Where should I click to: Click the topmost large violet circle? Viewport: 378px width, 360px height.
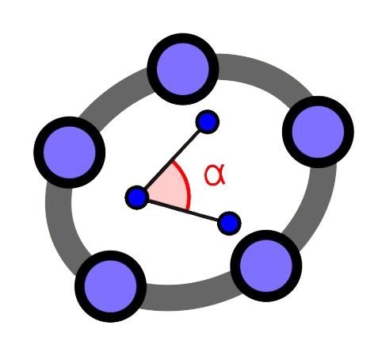pyautogui.click(x=183, y=69)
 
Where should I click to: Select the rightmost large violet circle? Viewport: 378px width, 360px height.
pyautogui.click(x=318, y=132)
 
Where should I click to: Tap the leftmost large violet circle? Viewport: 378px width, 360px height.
pyautogui.click(x=70, y=152)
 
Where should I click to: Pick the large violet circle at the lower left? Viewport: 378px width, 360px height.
pyautogui.click(x=111, y=286)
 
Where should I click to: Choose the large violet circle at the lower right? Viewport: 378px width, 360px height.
pyautogui.click(x=266, y=266)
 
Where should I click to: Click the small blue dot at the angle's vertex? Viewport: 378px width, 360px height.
pyautogui.click(x=136, y=197)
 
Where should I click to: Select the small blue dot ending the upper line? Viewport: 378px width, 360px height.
pyautogui.click(x=208, y=121)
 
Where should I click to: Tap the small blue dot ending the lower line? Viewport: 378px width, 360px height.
pyautogui.click(x=229, y=224)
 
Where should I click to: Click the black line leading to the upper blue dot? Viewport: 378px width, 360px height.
pyautogui.click(x=172, y=159)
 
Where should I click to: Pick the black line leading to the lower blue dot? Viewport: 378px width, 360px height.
pyautogui.click(x=183, y=210)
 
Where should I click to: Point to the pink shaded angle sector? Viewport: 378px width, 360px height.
pyautogui.click(x=169, y=190)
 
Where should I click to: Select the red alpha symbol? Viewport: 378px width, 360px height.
pyautogui.click(x=215, y=174)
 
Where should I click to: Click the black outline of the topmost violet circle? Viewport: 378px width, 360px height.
pyautogui.click(x=183, y=38)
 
